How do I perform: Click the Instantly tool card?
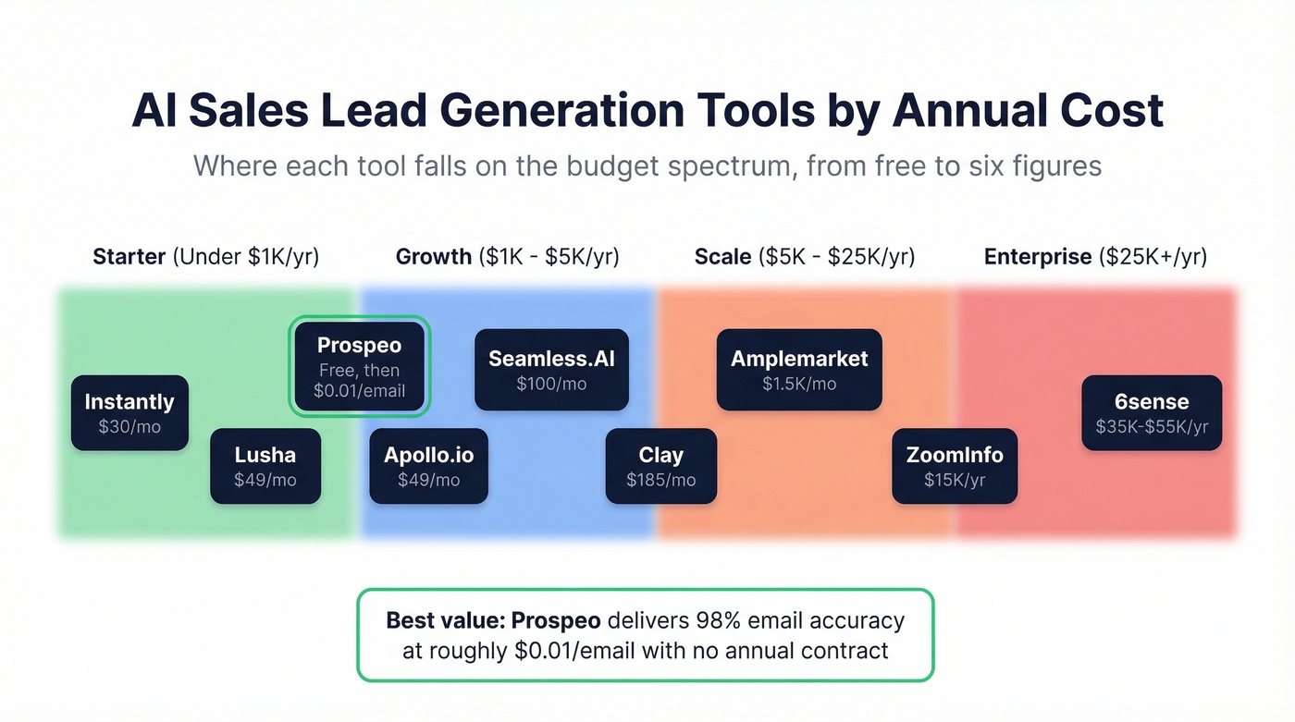coord(129,412)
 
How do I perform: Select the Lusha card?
coord(265,466)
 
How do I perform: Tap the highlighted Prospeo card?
coord(360,366)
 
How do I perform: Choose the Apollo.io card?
coord(428,466)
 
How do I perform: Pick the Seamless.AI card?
coord(551,369)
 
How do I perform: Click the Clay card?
coord(660,466)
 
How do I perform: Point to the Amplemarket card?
coord(799,369)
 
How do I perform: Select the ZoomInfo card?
coord(955,466)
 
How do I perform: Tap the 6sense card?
coord(1152,412)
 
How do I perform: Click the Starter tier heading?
coord(205,256)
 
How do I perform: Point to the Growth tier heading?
coord(507,256)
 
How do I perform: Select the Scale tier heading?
coord(804,256)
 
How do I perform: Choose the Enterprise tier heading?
coord(1095,256)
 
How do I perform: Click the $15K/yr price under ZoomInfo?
coord(955,480)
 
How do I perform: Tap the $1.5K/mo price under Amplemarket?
coord(799,384)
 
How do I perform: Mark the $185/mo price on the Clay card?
coord(660,480)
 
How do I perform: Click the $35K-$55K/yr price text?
coord(1152,427)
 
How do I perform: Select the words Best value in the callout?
coord(444,620)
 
